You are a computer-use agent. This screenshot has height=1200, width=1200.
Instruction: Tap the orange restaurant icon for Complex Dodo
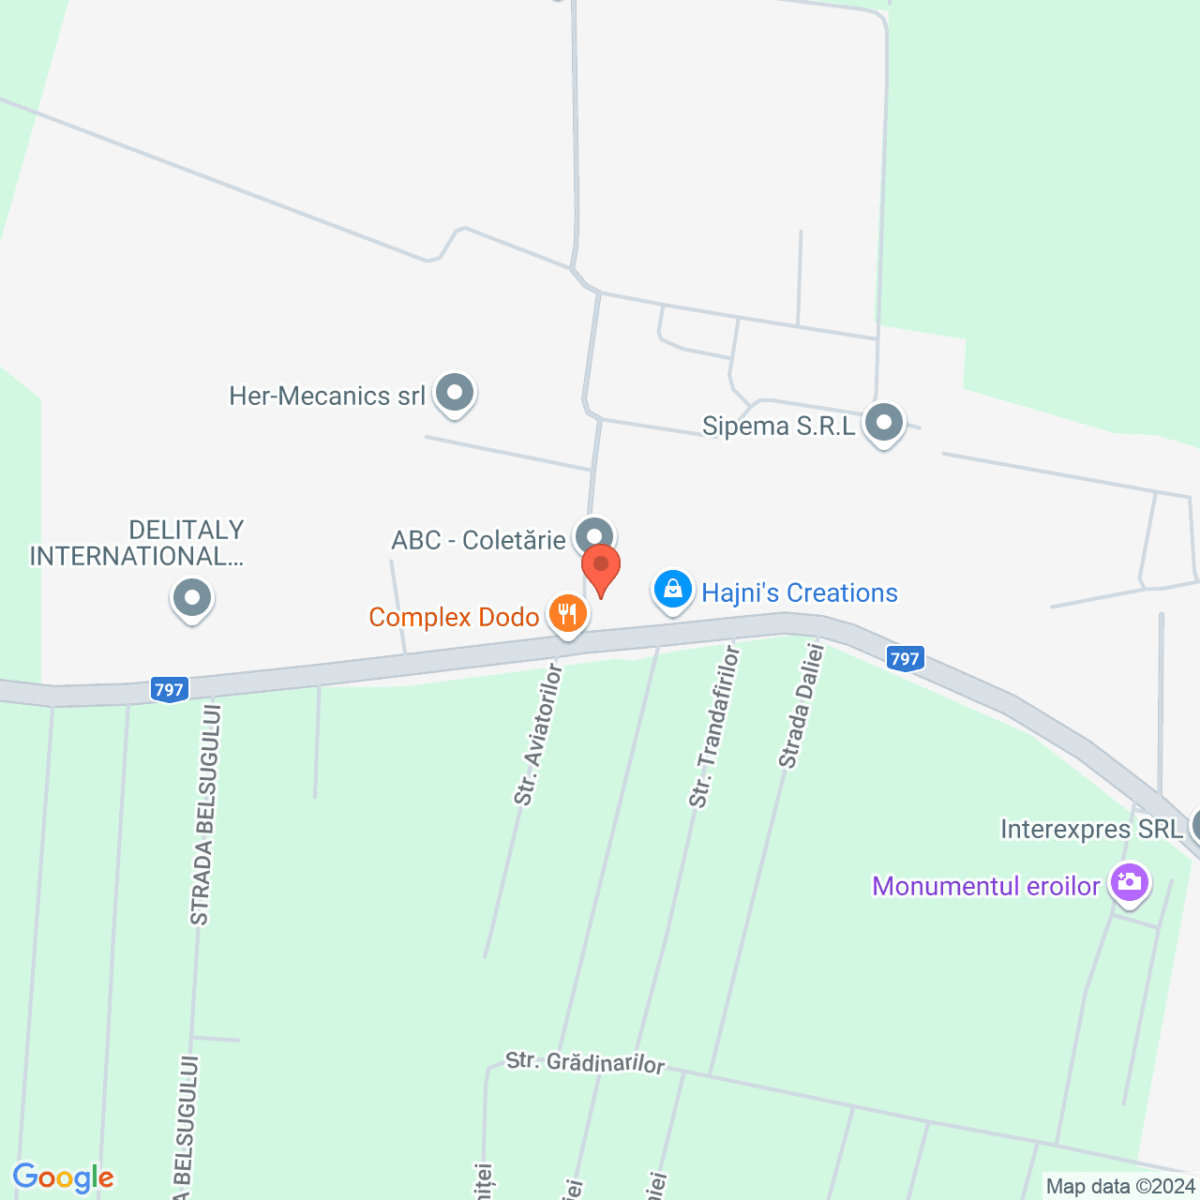coord(567,615)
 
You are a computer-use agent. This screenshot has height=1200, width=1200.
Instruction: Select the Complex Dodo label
coord(454,617)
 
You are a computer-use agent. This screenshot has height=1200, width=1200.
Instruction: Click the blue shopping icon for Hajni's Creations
coord(672,591)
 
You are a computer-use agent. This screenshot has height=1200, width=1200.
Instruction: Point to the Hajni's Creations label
coord(800,592)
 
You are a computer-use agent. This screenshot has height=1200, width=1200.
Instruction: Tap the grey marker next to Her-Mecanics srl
coord(455,393)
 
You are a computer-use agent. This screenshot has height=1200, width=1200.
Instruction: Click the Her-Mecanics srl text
coord(327,396)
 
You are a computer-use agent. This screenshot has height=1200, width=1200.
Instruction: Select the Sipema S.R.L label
coord(779,427)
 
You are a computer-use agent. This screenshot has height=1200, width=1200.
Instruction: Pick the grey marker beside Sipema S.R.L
coord(883,423)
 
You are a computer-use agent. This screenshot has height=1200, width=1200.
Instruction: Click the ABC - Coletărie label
coord(478,540)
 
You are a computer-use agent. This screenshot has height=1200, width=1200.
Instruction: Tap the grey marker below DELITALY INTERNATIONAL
coord(192,597)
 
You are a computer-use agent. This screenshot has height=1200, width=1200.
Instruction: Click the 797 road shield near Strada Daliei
coord(905,659)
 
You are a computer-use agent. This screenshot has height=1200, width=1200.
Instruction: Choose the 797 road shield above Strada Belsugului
coord(169,690)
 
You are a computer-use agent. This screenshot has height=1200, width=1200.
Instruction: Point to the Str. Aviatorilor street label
coord(537,735)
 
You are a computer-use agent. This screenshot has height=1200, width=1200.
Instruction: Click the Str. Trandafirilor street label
coord(713,727)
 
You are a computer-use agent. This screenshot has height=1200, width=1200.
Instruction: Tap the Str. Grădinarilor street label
coord(585,1062)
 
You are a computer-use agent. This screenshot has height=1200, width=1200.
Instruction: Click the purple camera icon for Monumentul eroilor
coord(1129,883)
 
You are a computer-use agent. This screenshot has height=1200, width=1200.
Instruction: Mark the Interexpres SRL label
coord(1091,830)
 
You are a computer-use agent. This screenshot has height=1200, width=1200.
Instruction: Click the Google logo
coord(63,1177)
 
